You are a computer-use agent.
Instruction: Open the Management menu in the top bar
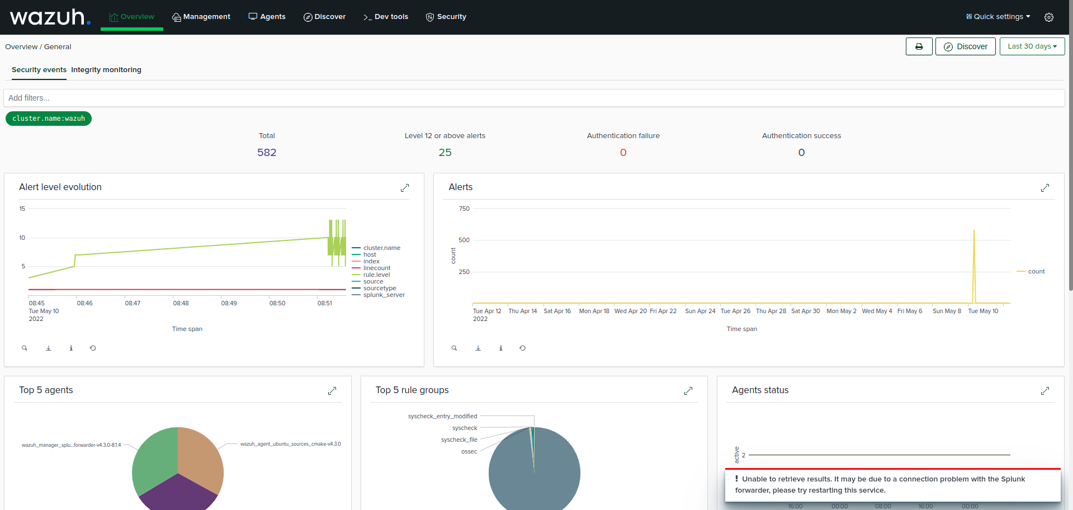(201, 17)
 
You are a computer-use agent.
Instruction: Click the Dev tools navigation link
(386, 17)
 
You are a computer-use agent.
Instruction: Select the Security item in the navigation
(446, 17)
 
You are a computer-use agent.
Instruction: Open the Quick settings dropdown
(998, 17)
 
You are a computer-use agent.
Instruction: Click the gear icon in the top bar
(1049, 17)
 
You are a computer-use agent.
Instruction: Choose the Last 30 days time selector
(1032, 46)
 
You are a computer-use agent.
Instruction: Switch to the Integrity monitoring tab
(106, 70)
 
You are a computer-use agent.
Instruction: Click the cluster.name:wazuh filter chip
(49, 119)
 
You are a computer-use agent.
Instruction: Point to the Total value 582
(267, 153)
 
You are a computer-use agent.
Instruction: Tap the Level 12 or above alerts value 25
(445, 153)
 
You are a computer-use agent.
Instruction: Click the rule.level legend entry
(376, 275)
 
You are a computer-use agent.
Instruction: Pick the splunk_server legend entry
(384, 295)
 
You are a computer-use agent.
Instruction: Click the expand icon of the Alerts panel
(1045, 188)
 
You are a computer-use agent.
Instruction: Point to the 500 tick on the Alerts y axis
(464, 240)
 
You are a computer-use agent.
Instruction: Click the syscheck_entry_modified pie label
(442, 417)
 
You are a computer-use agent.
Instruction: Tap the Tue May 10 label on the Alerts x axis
(983, 311)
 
